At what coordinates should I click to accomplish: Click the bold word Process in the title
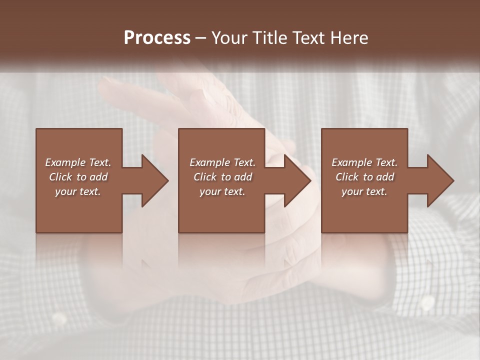(157, 38)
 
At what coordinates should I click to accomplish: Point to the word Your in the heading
(229, 38)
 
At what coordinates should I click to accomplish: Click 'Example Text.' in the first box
(78, 162)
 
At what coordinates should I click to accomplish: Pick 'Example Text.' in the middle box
(222, 162)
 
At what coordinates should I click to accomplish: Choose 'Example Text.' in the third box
(364, 162)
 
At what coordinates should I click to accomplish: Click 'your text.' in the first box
(78, 191)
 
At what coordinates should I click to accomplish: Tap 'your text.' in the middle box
(222, 191)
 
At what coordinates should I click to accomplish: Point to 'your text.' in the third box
(364, 191)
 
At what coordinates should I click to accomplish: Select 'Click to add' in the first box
(78, 177)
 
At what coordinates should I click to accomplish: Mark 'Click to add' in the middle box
(222, 177)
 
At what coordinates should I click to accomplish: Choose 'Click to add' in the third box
(364, 177)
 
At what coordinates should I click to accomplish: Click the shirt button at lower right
(427, 302)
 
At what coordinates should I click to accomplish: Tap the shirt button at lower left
(59, 318)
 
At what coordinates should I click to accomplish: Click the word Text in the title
(308, 38)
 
